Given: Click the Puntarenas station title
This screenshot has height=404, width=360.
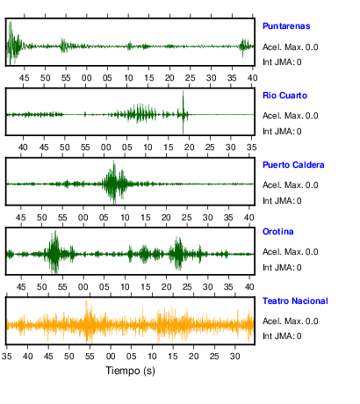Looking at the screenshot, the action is click(x=286, y=26).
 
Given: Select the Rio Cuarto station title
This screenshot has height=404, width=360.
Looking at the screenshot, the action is click(x=284, y=96).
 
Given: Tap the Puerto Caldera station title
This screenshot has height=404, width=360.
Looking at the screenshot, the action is click(x=293, y=165).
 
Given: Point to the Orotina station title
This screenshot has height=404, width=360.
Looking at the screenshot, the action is click(x=278, y=232).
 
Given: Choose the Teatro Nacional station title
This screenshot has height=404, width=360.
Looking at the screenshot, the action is click(x=295, y=301).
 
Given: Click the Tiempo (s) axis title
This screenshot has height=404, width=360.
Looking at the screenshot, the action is click(x=130, y=371).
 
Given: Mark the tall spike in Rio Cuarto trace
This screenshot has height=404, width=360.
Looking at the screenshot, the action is click(x=184, y=112).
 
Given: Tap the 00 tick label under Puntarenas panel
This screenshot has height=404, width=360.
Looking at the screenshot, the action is click(x=87, y=78).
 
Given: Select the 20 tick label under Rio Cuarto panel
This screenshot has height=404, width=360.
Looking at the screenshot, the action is click(x=190, y=148).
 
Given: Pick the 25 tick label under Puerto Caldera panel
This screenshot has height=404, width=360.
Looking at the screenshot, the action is click(x=187, y=218).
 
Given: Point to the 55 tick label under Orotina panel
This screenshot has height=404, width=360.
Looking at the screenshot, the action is click(x=62, y=287).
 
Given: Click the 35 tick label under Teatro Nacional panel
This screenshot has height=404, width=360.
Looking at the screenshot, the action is click(x=7, y=357).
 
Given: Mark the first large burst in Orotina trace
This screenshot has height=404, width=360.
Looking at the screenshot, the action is click(x=54, y=252).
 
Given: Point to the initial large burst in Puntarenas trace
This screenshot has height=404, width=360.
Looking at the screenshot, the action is click(x=13, y=43).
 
